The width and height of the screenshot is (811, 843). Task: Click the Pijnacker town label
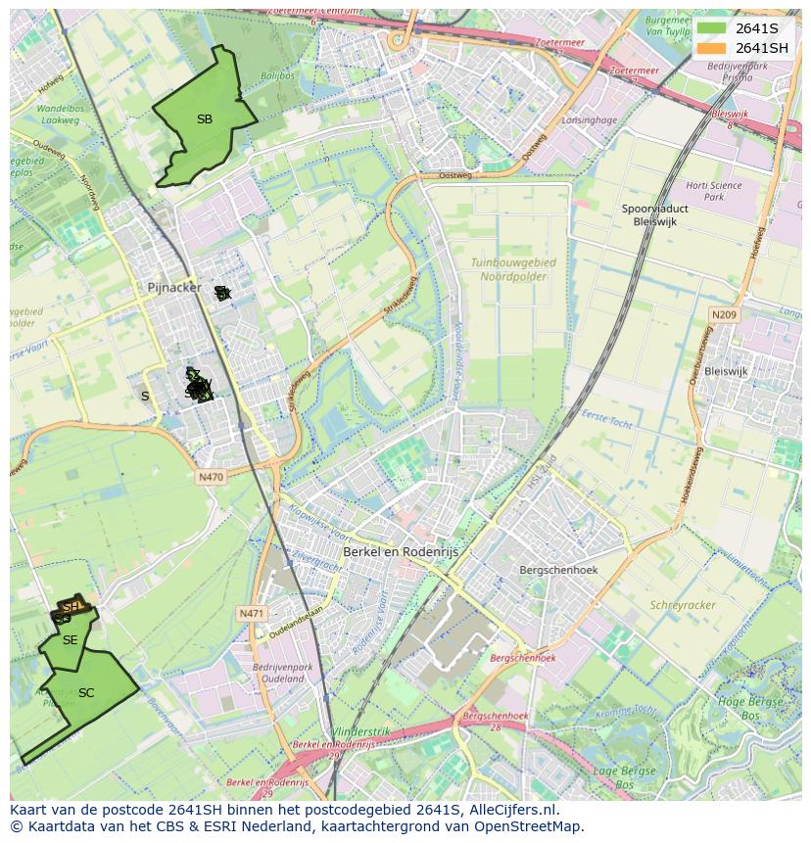[x=173, y=288]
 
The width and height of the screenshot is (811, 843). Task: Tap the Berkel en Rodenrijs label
[x=400, y=552]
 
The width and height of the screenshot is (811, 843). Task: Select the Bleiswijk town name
[x=726, y=372]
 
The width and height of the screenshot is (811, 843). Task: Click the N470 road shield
[x=211, y=478]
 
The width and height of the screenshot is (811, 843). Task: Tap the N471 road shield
[x=252, y=614]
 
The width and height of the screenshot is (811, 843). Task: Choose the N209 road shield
[x=724, y=314]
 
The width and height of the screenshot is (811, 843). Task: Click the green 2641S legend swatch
[x=711, y=28]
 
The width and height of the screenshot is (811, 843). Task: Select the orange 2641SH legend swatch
[x=711, y=48]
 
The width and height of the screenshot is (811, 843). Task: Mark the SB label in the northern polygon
[x=204, y=119]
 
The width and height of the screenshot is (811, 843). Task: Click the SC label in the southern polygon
[x=86, y=693]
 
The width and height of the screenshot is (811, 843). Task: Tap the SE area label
[x=70, y=640]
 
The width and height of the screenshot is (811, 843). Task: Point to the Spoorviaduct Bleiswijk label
[x=654, y=215]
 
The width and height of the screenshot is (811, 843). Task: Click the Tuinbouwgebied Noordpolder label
[x=512, y=269]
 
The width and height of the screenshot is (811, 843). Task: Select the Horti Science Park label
[x=713, y=191]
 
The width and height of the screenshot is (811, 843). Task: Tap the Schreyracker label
[x=683, y=605]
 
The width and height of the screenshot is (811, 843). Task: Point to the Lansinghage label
[x=590, y=120]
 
